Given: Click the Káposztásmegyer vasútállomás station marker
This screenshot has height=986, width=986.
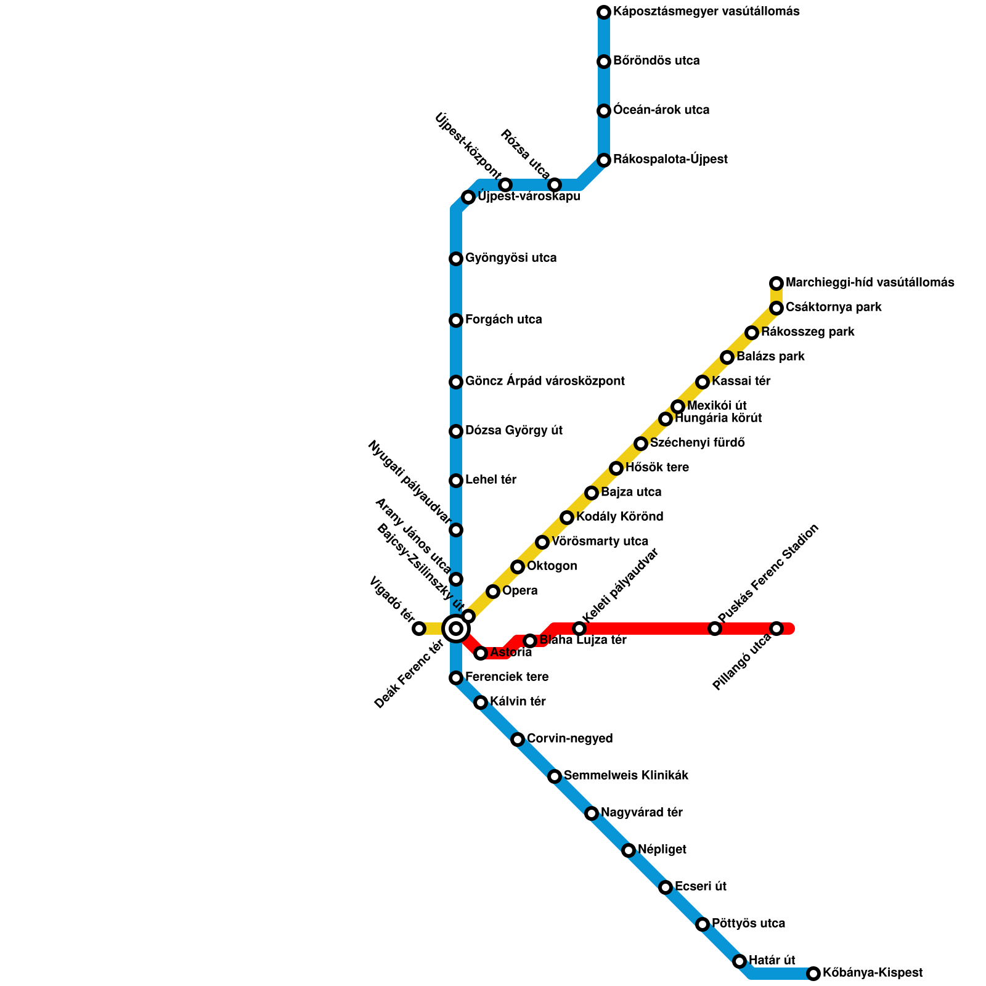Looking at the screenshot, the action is coord(604,12).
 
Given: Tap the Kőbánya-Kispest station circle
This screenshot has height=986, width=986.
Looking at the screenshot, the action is coord(813,974).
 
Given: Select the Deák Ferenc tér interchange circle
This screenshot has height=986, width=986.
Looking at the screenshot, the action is coord(456,629).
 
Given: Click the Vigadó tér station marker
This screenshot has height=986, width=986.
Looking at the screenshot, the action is coord(419,629).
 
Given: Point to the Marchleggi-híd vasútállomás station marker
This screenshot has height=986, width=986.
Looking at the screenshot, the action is coord(776,283).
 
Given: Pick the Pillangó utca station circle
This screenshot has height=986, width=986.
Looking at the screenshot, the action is coord(776,629).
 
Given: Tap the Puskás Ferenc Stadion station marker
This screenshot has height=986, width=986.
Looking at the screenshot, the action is coord(715,629).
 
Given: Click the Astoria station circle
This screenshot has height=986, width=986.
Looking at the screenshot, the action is coord(481,653).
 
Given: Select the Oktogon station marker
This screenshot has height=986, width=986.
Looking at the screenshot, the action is coord(518,567).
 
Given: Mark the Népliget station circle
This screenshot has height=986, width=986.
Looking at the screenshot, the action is coord(629,850).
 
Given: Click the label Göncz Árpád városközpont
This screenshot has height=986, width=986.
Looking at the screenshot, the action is coord(545,381).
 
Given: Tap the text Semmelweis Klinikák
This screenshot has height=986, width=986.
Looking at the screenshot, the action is coord(625,776).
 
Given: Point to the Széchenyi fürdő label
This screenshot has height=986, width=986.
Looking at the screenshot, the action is coord(698,443).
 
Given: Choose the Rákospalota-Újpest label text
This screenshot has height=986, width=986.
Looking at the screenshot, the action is coord(670,160).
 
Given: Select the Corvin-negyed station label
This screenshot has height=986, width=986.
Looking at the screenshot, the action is coord(569,739).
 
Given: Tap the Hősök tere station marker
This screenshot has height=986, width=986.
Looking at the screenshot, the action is coord(616,468).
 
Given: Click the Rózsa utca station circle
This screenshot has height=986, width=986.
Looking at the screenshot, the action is coord(555,185).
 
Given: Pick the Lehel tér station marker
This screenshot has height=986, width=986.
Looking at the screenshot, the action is coord(456,481).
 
